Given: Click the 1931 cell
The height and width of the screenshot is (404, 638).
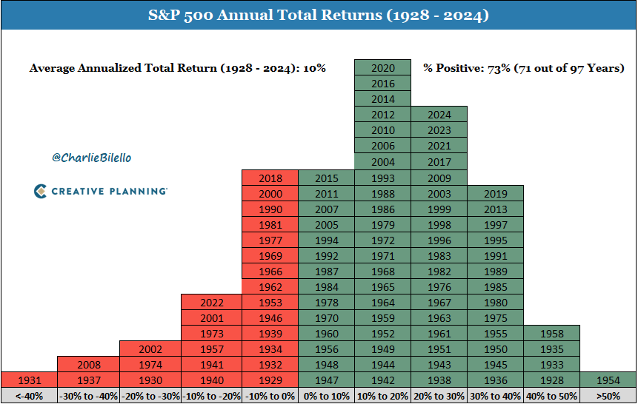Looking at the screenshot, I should (x=29, y=380).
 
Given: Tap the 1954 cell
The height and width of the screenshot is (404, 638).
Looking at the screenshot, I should (x=608, y=380).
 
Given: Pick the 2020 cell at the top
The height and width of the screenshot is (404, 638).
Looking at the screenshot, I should (x=382, y=68).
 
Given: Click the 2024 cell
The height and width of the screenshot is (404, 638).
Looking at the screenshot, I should (x=439, y=115).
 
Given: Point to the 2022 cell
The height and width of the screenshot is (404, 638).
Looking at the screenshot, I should (x=211, y=302).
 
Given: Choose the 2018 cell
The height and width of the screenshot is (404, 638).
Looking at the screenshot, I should (x=270, y=178).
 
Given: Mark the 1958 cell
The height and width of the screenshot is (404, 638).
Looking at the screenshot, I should (x=551, y=333).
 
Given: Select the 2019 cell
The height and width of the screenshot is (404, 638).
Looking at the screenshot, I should (x=495, y=193).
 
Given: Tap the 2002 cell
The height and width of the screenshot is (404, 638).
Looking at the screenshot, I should (x=150, y=349).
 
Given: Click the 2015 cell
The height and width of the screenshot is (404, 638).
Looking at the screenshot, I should (x=326, y=178).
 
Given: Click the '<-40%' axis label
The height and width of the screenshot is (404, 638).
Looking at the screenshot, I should (x=29, y=396).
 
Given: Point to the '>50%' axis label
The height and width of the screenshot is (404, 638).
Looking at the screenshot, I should (x=608, y=396).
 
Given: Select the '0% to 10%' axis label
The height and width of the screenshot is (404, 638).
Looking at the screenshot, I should (x=326, y=396).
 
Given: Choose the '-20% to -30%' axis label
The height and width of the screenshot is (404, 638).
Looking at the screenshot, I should (x=150, y=396).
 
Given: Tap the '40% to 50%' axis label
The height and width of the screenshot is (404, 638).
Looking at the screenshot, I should (x=551, y=396).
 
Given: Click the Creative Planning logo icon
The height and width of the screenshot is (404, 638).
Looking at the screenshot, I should (x=40, y=191).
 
